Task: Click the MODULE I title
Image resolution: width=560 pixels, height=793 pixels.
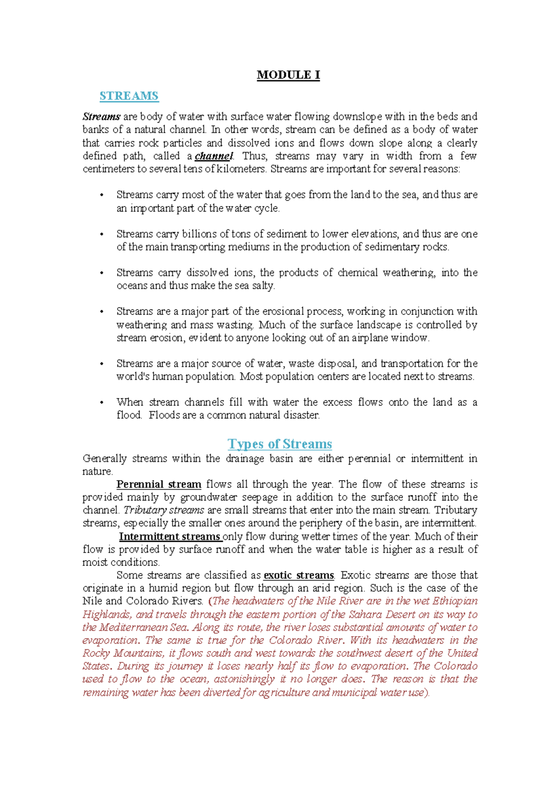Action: pyautogui.click(x=288, y=75)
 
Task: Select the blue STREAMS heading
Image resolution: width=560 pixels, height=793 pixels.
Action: pyautogui.click(x=129, y=96)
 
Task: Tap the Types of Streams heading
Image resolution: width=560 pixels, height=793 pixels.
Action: pyautogui.click(x=280, y=444)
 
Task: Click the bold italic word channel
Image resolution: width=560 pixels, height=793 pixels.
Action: pyautogui.click(x=214, y=156)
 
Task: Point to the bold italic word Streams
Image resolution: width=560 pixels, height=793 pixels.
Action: pyautogui.click(x=102, y=117)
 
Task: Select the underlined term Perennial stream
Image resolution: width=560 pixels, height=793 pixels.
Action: pyautogui.click(x=159, y=484)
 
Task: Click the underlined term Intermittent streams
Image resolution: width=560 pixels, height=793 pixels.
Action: pyautogui.click(x=169, y=537)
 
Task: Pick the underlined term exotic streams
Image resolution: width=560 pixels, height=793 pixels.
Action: pyautogui.click(x=299, y=575)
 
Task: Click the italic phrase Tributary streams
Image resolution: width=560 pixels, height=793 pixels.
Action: pyautogui.click(x=164, y=510)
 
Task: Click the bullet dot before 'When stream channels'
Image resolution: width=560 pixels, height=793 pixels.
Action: pyautogui.click(x=102, y=403)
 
